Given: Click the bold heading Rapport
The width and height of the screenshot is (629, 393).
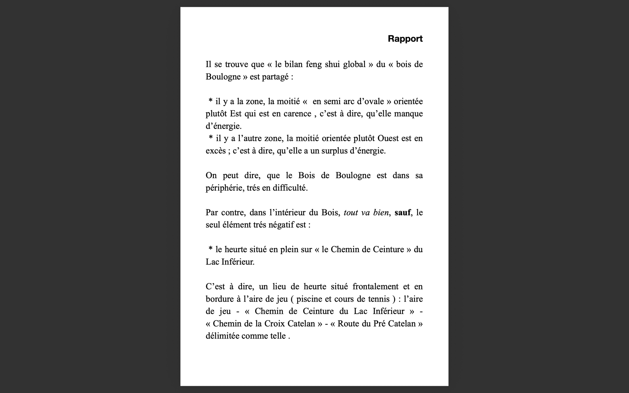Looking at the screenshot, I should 405,39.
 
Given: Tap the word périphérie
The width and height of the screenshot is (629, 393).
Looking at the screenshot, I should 224,188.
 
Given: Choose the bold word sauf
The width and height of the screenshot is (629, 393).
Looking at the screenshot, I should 402,213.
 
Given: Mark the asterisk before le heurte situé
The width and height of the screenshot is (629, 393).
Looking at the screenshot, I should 211,249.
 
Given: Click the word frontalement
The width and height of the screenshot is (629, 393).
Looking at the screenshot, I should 375,287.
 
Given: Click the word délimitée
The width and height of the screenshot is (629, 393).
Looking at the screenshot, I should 222,336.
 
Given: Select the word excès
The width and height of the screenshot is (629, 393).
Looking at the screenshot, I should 216,151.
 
